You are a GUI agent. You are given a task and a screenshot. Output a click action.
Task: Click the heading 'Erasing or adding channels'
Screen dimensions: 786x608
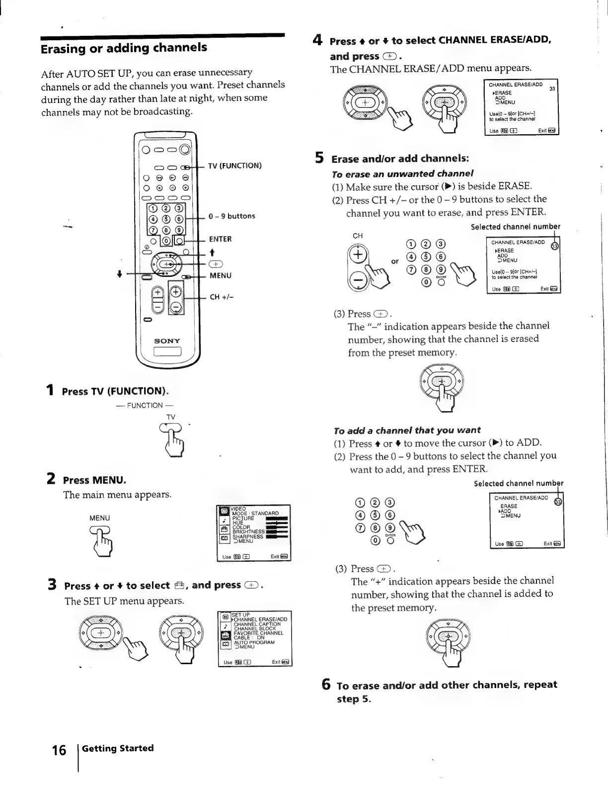[x=124, y=48]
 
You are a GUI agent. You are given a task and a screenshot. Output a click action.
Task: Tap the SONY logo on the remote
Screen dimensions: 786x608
[x=167, y=341]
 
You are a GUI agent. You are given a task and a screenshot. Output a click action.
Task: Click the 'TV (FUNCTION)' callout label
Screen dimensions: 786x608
[x=234, y=166]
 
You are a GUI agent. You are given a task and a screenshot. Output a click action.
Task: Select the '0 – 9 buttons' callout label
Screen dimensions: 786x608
[x=231, y=216]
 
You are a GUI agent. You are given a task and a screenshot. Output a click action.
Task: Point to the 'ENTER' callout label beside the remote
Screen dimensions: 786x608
[x=220, y=239]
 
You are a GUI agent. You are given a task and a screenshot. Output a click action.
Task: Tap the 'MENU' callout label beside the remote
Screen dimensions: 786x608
[x=220, y=275]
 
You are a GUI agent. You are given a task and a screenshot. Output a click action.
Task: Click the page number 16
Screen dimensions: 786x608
[x=59, y=750]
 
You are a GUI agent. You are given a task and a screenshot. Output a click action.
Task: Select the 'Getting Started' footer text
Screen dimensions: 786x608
[x=118, y=748]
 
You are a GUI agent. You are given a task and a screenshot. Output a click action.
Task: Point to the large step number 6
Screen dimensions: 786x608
[x=326, y=685]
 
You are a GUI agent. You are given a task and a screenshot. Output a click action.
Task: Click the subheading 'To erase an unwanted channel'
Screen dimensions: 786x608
[x=402, y=174]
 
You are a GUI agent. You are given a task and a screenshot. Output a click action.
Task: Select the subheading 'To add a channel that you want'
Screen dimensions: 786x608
[x=407, y=430]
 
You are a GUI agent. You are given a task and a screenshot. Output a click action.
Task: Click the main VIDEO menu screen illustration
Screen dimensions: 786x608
[x=254, y=532]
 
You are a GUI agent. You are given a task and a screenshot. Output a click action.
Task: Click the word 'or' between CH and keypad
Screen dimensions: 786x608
[x=395, y=261]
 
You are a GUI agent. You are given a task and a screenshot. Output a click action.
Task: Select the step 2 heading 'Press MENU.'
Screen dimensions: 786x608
[x=94, y=480]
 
